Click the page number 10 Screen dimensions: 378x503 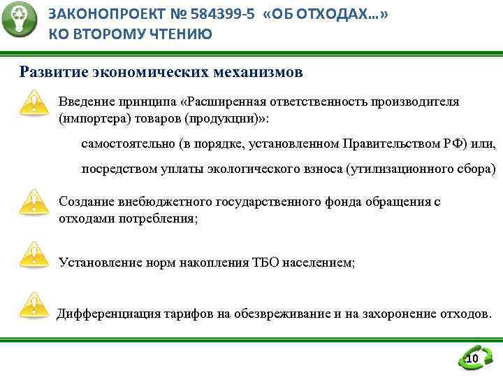click(x=472, y=359)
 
